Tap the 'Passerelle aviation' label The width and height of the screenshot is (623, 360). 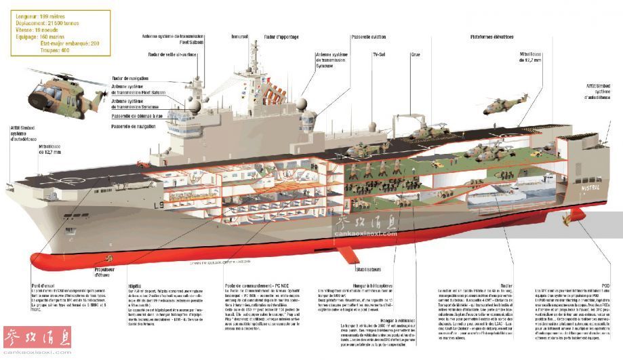pos(350,36)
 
